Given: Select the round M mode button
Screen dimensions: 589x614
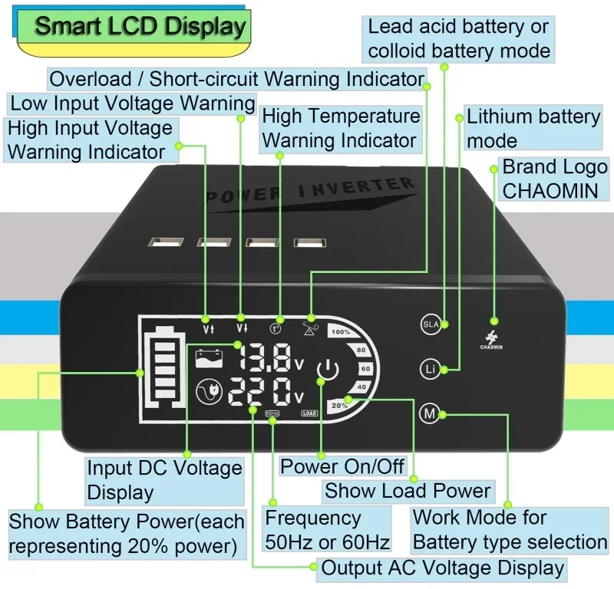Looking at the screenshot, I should point(430,414).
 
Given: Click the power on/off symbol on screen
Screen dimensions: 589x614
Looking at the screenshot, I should point(328,372).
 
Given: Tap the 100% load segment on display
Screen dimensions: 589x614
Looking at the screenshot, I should point(341,332).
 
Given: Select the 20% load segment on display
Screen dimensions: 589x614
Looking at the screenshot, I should point(338,405).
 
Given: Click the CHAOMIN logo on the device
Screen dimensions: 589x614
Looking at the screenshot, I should point(494,338).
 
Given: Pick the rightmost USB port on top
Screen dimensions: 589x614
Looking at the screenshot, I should point(308,244).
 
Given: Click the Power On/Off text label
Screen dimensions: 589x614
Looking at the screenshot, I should point(332,465).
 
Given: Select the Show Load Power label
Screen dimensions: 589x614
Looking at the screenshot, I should point(408,490).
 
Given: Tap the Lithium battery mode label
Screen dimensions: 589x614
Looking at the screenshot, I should point(533,128).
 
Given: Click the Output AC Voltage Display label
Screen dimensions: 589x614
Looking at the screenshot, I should point(443,568).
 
